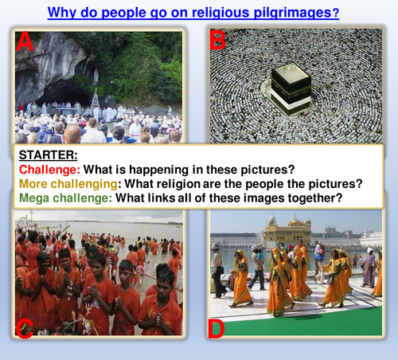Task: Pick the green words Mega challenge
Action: (66, 198)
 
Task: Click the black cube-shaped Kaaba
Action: (291, 86)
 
